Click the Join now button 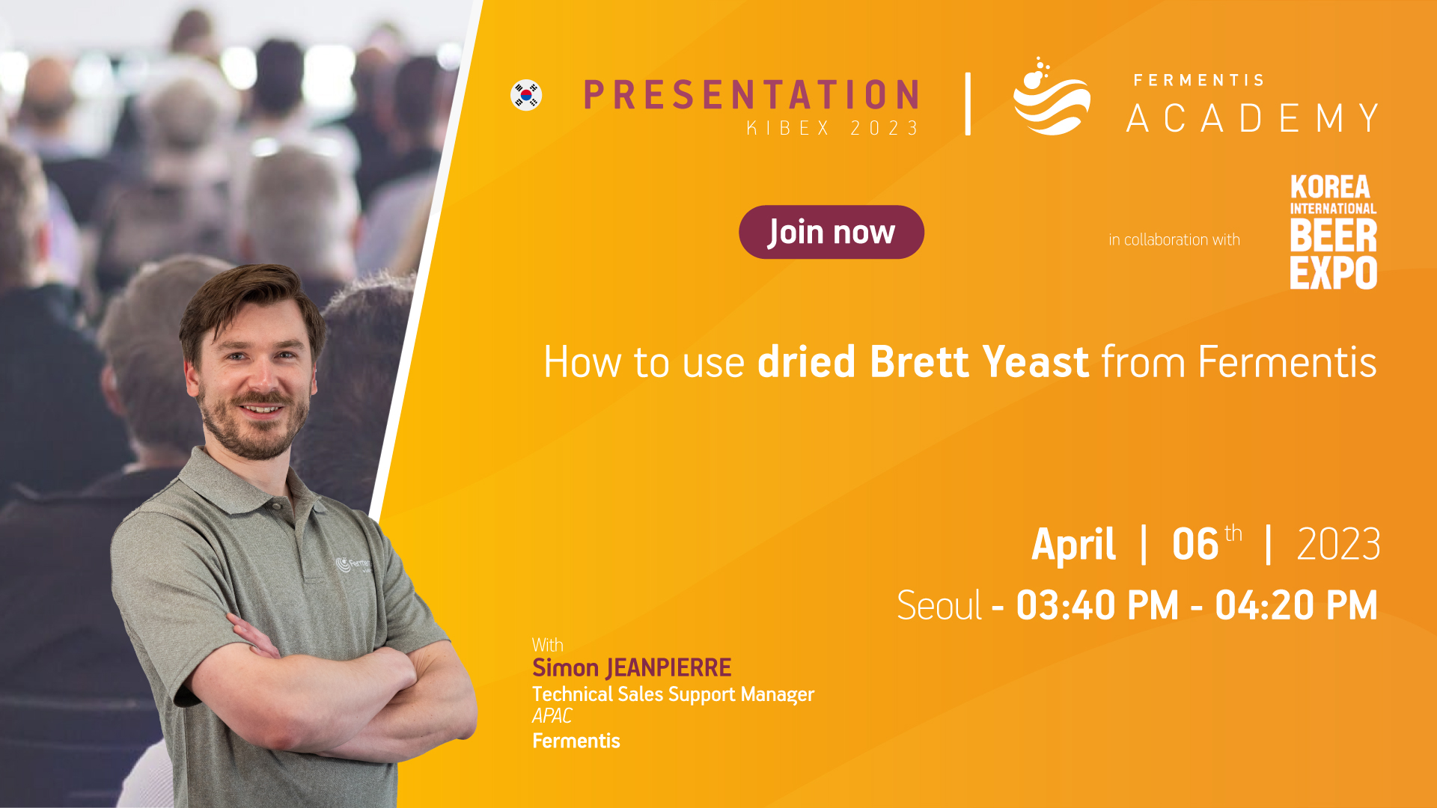click(831, 232)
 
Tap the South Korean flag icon click(526, 95)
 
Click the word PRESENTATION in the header click(751, 95)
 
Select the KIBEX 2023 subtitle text click(832, 128)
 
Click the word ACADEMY click(1253, 118)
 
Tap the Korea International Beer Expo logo click(1333, 232)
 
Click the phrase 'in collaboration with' click(1174, 239)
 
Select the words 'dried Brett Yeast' click(923, 362)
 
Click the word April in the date click(1074, 545)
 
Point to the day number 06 click(1195, 544)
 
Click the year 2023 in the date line click(1338, 544)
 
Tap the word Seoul click(939, 605)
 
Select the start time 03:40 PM click(1097, 605)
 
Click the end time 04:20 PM click(1296, 605)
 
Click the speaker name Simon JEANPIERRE click(632, 667)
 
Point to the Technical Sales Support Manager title click(673, 694)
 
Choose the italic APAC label click(552, 716)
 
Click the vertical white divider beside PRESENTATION click(968, 104)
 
